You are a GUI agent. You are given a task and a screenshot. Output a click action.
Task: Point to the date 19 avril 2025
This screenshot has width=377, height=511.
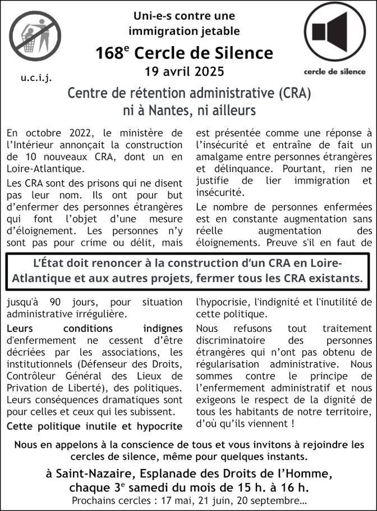click(x=184, y=71)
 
